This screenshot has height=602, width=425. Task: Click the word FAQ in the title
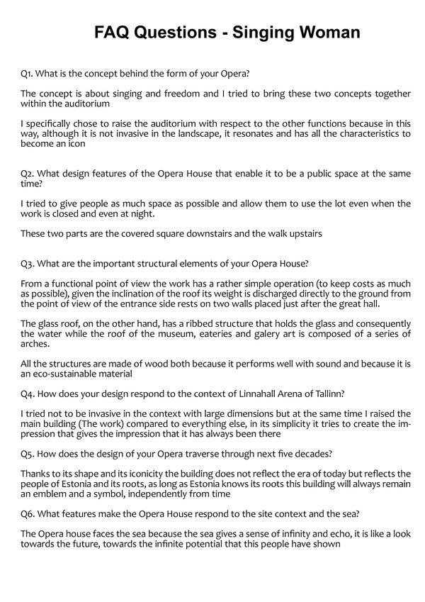point(116,33)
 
